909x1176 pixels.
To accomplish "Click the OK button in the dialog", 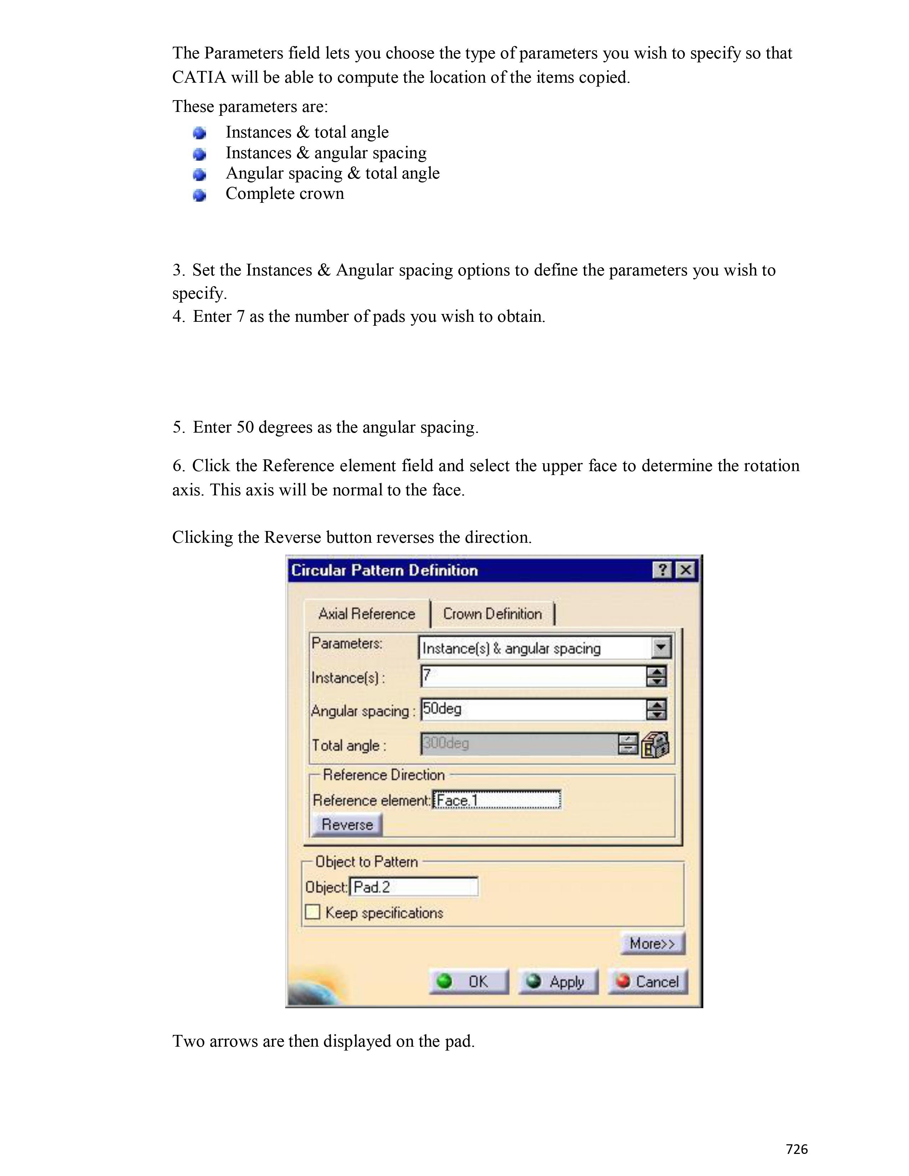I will [468, 982].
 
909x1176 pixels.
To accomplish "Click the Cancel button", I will [648, 982].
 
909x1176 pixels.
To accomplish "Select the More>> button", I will [652, 943].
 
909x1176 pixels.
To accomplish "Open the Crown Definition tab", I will [492, 614].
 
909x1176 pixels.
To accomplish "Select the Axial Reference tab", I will [367, 614].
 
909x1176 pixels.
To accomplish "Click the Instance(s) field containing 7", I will [533, 677].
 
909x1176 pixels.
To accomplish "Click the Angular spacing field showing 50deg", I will [533, 710].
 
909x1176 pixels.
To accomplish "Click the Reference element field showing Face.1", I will [497, 800].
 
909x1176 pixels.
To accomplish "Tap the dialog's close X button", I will [685, 570].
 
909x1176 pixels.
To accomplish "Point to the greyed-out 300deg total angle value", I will [447, 744].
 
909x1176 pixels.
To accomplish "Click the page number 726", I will [796, 1149].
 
